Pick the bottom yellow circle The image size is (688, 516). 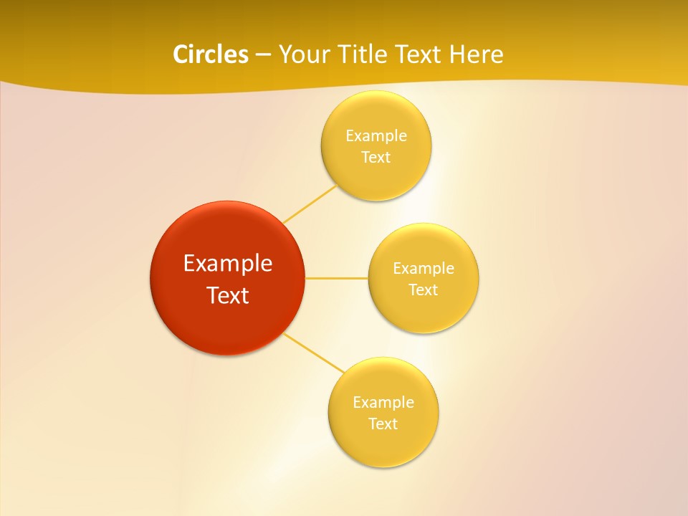[383, 444]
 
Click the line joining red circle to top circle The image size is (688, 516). [310, 204]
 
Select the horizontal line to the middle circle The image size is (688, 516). [336, 278]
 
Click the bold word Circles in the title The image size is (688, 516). [210, 54]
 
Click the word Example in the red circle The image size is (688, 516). [228, 264]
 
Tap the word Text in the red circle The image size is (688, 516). [228, 295]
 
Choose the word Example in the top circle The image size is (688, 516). [376, 136]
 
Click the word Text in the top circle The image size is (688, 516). [376, 158]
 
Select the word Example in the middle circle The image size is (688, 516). [424, 269]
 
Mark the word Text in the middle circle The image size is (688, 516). [424, 290]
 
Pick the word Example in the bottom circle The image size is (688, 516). [383, 403]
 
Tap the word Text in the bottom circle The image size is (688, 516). [383, 424]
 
